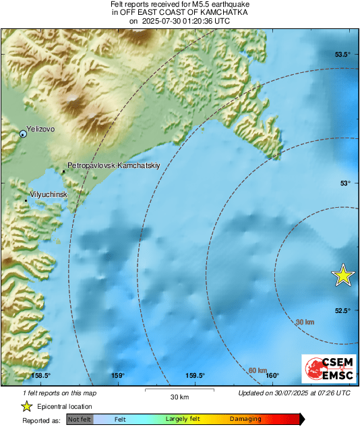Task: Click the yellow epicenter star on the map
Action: click(343, 275)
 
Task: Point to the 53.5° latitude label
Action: click(344, 55)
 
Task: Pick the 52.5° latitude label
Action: click(344, 310)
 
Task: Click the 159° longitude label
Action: click(118, 376)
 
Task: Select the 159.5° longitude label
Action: click(195, 376)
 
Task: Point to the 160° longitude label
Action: click(272, 376)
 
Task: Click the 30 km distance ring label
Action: click(305, 322)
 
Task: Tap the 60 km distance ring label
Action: click(257, 370)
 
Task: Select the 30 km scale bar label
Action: click(179, 396)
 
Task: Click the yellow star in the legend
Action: click(26, 406)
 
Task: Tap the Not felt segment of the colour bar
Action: click(79, 420)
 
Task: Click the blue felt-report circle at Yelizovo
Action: click(24, 134)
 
